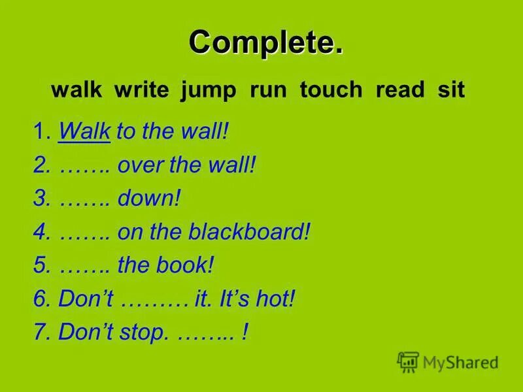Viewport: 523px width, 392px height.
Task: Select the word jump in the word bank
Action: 209,90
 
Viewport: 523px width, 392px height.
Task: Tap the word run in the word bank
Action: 268,90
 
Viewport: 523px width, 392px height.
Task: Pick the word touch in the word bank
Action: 331,90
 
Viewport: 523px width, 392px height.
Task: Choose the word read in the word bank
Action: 400,90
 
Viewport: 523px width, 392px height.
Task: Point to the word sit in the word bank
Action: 451,90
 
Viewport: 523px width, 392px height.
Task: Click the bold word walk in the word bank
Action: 76,90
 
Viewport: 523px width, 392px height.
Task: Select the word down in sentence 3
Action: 148,199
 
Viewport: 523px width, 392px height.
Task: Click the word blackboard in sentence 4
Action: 248,232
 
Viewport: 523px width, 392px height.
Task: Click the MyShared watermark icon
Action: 408,361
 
